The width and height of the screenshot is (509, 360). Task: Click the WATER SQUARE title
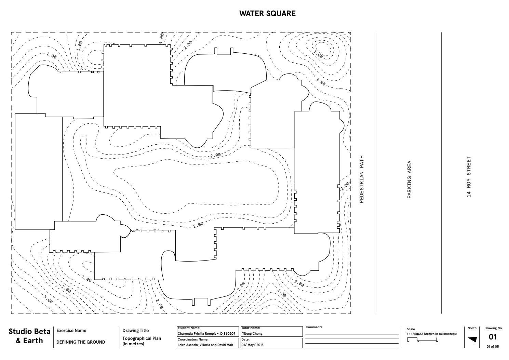click(x=267, y=13)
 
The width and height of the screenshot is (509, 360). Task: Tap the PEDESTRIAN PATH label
click(x=362, y=179)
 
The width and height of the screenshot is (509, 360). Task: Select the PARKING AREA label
click(x=409, y=179)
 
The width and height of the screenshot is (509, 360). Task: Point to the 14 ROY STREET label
click(x=469, y=177)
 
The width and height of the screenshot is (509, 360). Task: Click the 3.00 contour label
click(x=48, y=300)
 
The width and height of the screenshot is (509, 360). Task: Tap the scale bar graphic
click(x=423, y=340)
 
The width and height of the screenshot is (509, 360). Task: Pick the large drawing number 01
click(x=492, y=337)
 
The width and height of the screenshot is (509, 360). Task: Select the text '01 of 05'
click(x=493, y=347)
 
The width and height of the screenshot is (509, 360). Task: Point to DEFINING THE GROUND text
click(x=81, y=342)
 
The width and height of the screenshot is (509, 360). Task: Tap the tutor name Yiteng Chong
click(x=252, y=334)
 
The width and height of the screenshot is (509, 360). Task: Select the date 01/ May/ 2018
click(x=252, y=345)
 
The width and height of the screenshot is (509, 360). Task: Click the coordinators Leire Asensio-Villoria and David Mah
click(x=205, y=345)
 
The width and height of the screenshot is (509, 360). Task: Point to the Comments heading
click(x=314, y=327)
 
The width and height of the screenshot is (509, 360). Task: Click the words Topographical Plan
click(x=142, y=338)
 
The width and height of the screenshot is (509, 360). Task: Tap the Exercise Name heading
click(x=71, y=331)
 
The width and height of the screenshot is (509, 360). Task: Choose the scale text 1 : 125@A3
click(x=418, y=334)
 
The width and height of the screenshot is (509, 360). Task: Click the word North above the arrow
click(x=472, y=328)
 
